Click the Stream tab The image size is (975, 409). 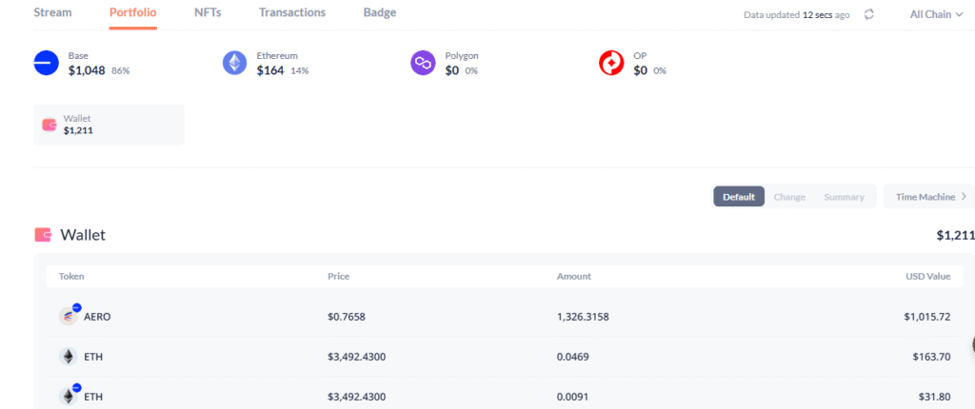(52, 12)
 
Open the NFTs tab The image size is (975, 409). (208, 12)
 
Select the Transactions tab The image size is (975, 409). (292, 12)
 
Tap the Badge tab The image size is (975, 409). (379, 12)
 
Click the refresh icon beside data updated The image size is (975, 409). (869, 14)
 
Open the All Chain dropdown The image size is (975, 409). (936, 14)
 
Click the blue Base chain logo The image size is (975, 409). (46, 63)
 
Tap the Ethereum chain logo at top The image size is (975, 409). (234, 63)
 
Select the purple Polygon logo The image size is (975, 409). (423, 63)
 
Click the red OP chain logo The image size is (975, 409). (611, 63)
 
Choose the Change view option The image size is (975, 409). (789, 197)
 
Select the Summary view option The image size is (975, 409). (844, 197)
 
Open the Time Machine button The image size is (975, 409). (930, 197)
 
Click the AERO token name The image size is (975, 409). (97, 317)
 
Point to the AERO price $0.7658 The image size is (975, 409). (347, 317)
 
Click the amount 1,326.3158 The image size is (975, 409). (583, 317)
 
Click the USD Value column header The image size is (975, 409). (927, 276)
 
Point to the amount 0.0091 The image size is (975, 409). (572, 397)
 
